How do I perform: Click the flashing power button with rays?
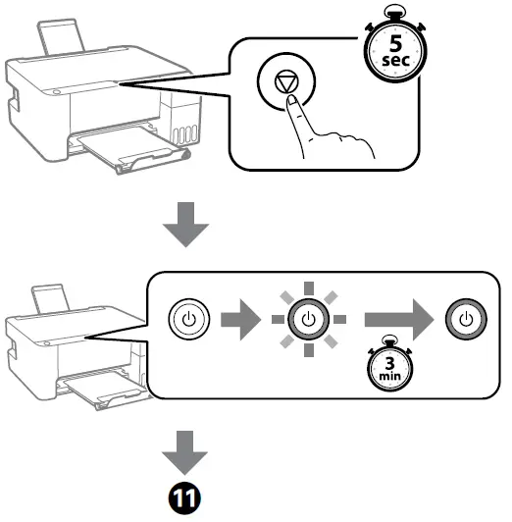pos(308,320)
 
